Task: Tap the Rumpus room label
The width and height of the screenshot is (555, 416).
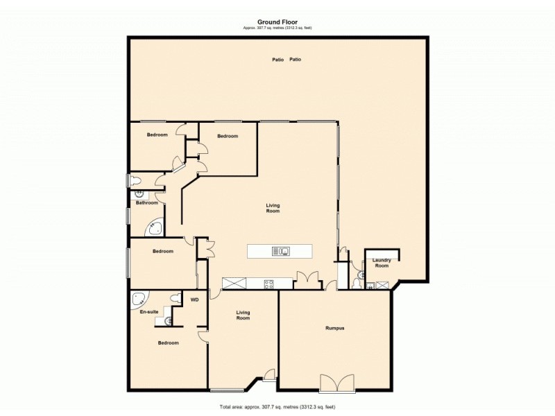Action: point(335,328)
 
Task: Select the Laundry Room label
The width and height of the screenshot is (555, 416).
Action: point(382,263)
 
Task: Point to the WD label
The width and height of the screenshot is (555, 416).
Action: point(194,301)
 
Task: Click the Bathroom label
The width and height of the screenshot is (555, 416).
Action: point(146,203)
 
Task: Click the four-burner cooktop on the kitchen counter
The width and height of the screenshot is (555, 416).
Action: point(268,284)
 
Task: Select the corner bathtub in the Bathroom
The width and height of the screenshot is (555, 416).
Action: point(155,227)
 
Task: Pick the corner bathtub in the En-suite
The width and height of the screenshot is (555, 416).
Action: point(139,299)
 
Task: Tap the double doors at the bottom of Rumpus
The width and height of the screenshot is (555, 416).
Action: point(336,383)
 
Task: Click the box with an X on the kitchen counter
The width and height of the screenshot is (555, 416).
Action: point(234,283)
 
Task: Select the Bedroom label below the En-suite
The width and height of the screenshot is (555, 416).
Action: point(167,343)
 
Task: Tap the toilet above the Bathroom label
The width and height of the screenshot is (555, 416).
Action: point(135,181)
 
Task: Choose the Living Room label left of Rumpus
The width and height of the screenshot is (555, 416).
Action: point(243,315)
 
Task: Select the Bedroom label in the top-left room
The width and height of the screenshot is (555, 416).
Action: point(157,135)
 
